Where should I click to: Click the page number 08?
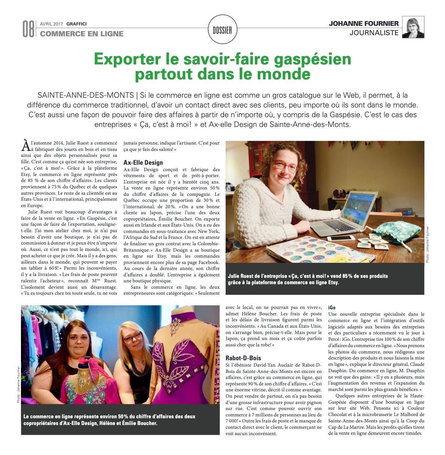click(x=28, y=29)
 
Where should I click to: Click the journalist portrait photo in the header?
click(x=413, y=27)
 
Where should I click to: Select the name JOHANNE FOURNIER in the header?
click(x=364, y=24)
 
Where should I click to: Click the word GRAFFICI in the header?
click(x=76, y=24)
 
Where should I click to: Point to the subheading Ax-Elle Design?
click(x=143, y=163)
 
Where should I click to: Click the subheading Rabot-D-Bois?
click(x=243, y=358)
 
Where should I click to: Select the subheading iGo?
click(x=332, y=307)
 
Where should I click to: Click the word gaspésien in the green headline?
click(x=309, y=59)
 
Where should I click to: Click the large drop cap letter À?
click(x=25, y=145)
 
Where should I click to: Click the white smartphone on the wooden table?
click(x=340, y=238)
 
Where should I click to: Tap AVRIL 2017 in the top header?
click(x=52, y=24)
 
